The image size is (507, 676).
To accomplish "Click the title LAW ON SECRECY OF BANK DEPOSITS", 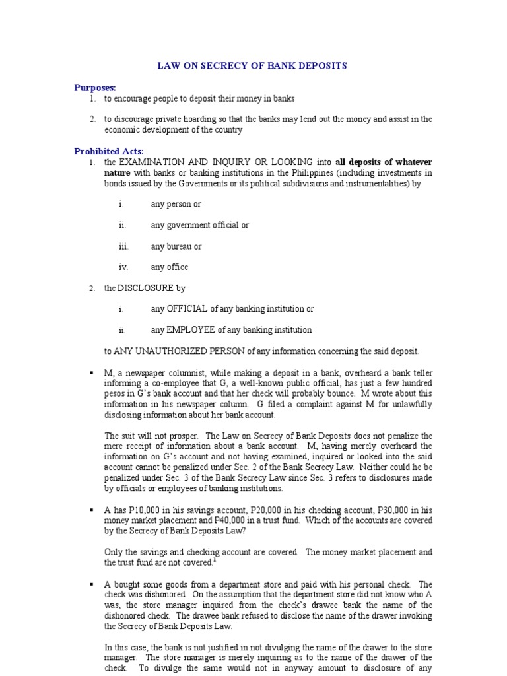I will click(x=252, y=66).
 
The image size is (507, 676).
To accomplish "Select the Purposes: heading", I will click(x=94, y=87).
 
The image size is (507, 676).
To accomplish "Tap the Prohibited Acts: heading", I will click(x=108, y=151).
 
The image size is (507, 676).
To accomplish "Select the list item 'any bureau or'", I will click(x=176, y=246).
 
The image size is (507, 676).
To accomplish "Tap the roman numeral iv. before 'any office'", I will click(x=123, y=267).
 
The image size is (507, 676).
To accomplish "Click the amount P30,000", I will click(x=393, y=510).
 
